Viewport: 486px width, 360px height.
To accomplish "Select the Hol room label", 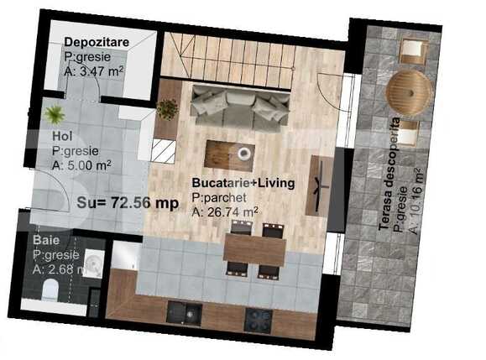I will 60,135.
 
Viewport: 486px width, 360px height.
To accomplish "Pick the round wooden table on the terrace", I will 410,88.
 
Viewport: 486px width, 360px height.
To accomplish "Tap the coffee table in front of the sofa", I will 230,154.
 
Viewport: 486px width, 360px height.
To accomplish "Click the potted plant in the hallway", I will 55,115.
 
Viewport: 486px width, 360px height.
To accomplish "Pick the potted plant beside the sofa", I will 167,108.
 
